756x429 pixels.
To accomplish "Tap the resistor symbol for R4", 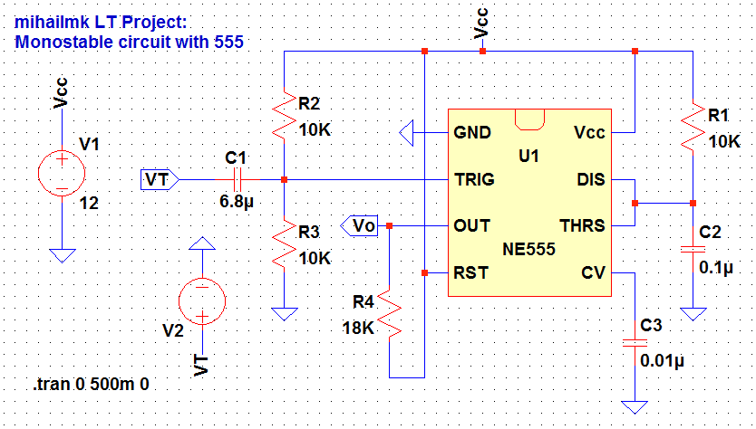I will coord(389,313).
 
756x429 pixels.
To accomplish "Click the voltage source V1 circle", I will coord(62,170).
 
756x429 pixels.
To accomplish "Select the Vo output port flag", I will coord(360,224).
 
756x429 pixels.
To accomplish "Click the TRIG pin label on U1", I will coord(474,179).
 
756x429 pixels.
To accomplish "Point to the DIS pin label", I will coord(590,179).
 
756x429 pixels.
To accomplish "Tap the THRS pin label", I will coord(583,225).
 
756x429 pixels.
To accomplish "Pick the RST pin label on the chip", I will coord(471,272).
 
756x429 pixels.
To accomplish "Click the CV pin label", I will coord(594,272).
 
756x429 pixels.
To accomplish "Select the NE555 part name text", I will coord(528,248).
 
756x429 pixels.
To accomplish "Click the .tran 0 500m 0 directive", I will coord(92,384).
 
